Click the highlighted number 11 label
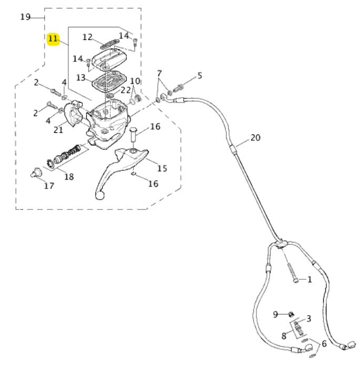(53, 39)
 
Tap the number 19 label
(25, 17)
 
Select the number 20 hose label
(255, 138)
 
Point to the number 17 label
(49, 185)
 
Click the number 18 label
(69, 176)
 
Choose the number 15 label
(162, 168)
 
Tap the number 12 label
(87, 37)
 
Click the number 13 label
(80, 78)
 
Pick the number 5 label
(199, 76)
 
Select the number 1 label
(310, 279)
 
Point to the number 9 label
(275, 314)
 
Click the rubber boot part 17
(36, 172)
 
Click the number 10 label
(135, 81)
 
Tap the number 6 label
(324, 344)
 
